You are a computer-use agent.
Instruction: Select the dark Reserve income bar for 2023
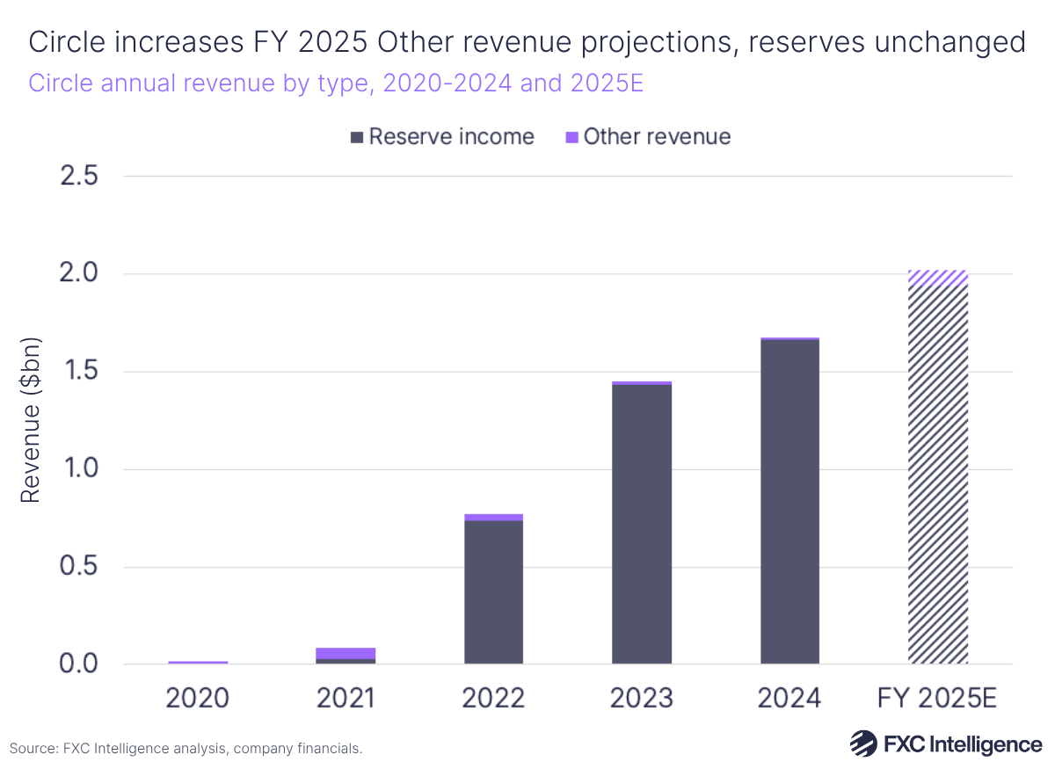coord(642,524)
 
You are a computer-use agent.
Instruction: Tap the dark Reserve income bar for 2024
coord(789,501)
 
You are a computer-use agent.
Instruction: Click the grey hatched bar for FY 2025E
coord(938,475)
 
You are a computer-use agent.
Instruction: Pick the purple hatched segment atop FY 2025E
coord(938,278)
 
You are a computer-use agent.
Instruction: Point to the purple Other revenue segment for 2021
coord(346,653)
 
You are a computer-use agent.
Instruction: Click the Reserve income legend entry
coord(441,137)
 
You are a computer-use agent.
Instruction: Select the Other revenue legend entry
coord(647,137)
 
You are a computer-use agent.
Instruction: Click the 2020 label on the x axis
coord(198,698)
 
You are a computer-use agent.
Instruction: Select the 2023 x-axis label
coord(642,698)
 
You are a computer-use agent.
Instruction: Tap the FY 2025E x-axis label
coord(938,698)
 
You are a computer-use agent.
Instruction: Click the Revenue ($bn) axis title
coord(32,420)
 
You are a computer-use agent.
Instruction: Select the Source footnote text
coord(186,749)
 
